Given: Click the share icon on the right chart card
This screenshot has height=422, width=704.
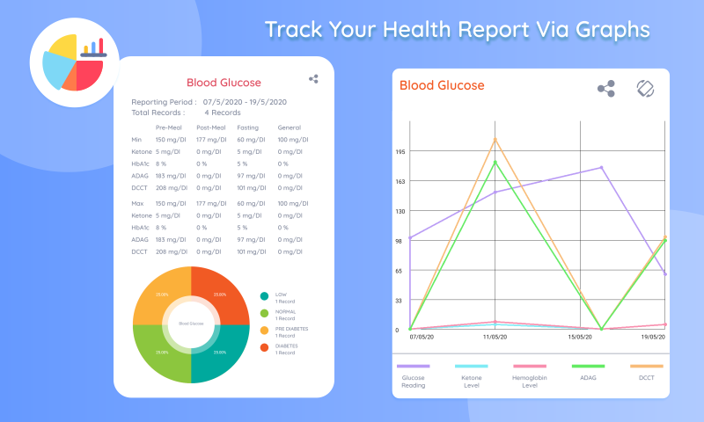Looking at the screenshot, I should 606,89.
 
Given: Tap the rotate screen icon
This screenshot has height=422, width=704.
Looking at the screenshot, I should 646,89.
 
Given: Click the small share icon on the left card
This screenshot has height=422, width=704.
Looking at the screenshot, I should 313,79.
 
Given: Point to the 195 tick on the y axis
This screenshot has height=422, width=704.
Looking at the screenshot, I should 400,152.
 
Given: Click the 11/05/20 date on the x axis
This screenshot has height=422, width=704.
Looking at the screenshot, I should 496,337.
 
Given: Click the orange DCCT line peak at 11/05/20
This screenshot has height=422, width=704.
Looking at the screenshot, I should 495,139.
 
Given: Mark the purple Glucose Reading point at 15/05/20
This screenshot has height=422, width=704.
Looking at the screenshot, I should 602,167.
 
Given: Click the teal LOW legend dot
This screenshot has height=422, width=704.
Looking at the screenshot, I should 264,297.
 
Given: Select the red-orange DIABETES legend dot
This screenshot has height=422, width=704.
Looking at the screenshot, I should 264,348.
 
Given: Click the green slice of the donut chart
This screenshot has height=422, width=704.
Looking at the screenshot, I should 162,352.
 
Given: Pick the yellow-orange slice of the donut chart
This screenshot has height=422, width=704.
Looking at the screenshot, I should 162,295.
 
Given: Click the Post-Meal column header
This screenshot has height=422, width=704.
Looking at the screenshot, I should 212,127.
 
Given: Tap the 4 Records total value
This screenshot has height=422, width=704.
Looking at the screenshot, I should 223,113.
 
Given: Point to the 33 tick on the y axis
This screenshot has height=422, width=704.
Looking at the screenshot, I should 400,301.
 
